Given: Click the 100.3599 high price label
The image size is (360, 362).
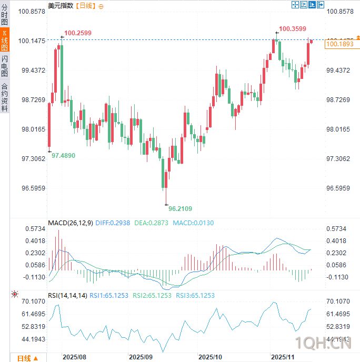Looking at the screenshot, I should click(293, 29).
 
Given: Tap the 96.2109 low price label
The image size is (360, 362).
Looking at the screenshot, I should click(180, 209).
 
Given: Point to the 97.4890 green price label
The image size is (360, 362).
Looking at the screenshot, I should click(63, 156).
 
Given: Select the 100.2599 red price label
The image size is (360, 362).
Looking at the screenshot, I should click(78, 33).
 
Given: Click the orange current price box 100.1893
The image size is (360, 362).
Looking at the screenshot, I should click(339, 45).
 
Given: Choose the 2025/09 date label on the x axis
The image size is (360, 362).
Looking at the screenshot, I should click(141, 357).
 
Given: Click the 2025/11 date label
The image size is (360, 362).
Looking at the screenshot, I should click(283, 357).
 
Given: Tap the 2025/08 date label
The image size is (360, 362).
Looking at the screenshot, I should click(74, 357).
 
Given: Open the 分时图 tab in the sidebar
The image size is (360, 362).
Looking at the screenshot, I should click(5, 16).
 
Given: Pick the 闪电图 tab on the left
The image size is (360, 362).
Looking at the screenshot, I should click(5, 66).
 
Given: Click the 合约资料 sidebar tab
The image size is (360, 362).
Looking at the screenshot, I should click(5, 97).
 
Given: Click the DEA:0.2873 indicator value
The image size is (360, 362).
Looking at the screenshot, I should click(152, 223).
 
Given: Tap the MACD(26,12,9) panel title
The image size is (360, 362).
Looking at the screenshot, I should click(71, 223).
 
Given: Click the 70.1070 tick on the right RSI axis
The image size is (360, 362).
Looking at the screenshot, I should click(338, 301).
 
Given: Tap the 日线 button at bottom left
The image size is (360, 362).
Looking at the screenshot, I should click(27, 358).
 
